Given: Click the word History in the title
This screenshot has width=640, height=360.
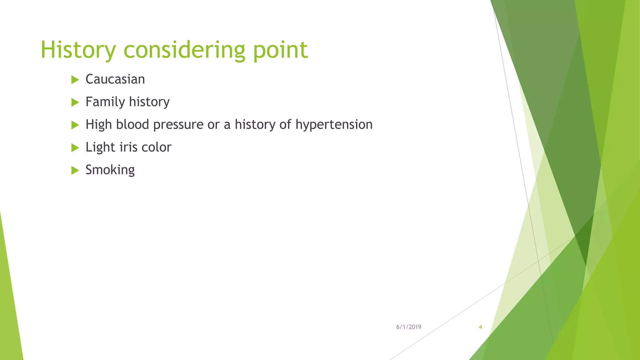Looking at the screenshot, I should click(x=78, y=50).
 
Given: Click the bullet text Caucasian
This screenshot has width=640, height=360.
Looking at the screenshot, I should click(x=115, y=79).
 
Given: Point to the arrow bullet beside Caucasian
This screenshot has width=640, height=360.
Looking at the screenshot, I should click(x=75, y=80).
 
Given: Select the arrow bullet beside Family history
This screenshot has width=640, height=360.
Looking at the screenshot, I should click(x=75, y=102).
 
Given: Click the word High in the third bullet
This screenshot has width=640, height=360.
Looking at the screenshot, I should click(x=98, y=125).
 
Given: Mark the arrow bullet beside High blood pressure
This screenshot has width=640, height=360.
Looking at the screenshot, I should click(x=75, y=125).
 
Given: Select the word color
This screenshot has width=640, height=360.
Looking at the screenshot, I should click(x=156, y=147).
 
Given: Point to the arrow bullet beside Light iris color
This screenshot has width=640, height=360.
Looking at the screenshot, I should click(x=75, y=147).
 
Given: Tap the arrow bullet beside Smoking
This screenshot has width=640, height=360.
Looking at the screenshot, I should click(x=75, y=170).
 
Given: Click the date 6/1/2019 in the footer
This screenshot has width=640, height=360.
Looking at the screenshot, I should click(x=408, y=327).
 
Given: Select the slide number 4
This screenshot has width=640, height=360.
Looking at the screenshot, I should click(x=480, y=327).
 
